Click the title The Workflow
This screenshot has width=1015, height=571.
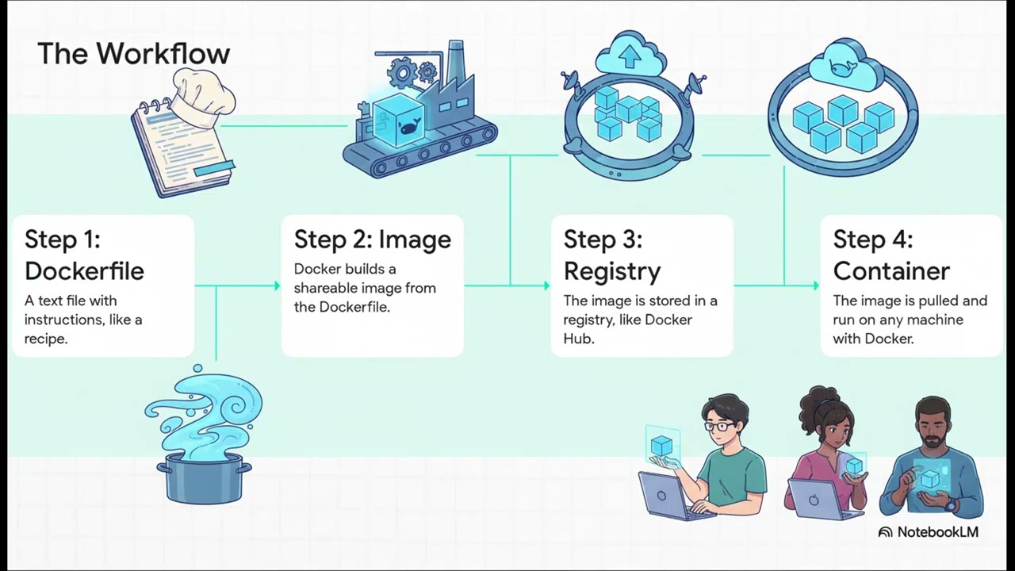click(133, 54)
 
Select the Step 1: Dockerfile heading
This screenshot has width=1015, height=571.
click(84, 255)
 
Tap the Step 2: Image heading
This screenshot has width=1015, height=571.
click(372, 240)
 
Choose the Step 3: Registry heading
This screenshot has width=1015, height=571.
click(611, 255)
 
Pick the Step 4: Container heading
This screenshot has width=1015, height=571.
click(891, 255)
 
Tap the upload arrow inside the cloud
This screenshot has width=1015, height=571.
click(630, 56)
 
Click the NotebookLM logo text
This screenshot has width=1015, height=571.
click(936, 532)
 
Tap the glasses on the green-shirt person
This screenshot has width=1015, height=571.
click(720, 427)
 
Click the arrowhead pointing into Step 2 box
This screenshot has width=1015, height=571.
click(277, 285)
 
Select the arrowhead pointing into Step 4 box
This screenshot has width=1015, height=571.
click(816, 285)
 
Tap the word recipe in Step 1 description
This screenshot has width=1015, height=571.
click(46, 339)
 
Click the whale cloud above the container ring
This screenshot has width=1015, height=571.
click(841, 65)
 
